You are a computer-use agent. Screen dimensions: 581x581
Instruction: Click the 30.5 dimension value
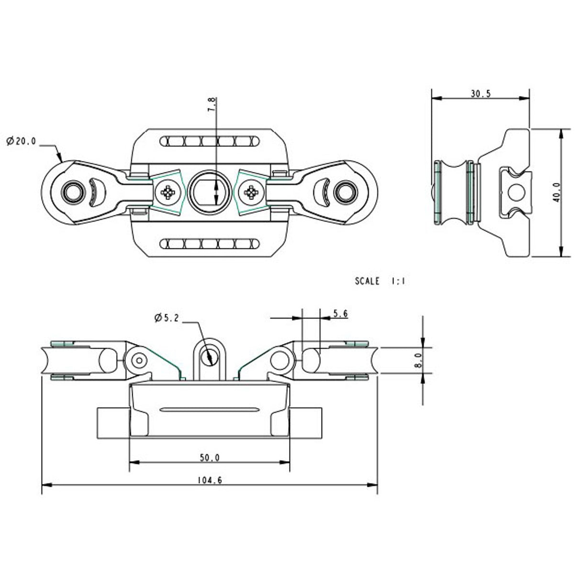click(x=480, y=94)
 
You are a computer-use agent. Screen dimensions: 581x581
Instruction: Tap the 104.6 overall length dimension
click(x=210, y=480)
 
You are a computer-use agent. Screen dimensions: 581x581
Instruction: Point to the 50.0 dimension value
click(x=210, y=458)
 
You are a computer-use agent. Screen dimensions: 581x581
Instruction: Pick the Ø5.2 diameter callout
click(x=167, y=318)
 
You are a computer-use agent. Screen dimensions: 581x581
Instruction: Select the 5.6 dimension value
click(x=340, y=314)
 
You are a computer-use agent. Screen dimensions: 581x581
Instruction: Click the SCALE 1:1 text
click(x=380, y=281)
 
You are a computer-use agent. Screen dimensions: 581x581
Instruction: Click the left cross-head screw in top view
click(x=168, y=193)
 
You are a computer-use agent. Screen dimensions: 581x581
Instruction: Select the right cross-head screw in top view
click(x=250, y=193)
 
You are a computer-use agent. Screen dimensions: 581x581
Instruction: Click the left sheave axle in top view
click(x=72, y=192)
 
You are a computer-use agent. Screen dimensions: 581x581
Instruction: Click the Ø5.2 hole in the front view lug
click(x=209, y=356)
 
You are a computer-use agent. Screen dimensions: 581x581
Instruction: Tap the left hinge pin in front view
click(x=139, y=359)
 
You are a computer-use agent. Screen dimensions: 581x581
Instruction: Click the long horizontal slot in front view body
click(x=209, y=409)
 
